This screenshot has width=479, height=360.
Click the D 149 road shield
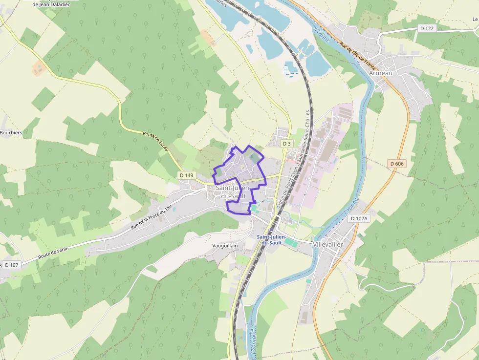tap(187, 175)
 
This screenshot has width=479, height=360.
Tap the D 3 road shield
tap(286, 144)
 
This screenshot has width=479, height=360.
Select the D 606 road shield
tap(397, 164)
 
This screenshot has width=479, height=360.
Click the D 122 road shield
tap(427, 28)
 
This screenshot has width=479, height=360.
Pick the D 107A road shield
tap(358, 219)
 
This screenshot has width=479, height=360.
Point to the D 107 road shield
tap(11, 265)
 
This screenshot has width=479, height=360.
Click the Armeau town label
tap(381, 73)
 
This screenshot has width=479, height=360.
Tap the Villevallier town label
tap(327, 244)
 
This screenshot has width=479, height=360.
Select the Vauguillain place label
tap(225, 246)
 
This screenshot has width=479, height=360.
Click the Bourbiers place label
tap(11, 132)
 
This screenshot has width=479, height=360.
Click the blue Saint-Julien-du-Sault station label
tap(272, 239)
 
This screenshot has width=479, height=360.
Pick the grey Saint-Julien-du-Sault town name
tap(232, 191)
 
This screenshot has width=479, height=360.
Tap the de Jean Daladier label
tap(51, 4)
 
